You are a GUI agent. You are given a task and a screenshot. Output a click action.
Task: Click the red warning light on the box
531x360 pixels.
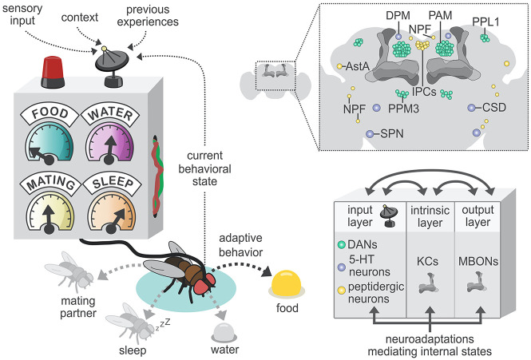tap(53, 73)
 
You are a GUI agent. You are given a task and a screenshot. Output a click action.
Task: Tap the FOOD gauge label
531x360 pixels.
tap(50, 113)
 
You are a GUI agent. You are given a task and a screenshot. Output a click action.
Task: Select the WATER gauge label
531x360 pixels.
tap(110, 113)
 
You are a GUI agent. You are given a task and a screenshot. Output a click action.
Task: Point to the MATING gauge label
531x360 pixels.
tap(51, 182)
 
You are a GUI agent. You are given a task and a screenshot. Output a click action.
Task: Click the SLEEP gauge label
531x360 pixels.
tap(113, 182)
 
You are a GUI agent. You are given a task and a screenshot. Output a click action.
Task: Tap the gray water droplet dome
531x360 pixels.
tap(224, 332)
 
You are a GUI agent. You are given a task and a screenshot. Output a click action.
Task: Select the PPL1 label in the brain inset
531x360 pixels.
tap(485, 22)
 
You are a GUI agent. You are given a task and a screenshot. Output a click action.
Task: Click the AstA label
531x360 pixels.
tap(357, 66)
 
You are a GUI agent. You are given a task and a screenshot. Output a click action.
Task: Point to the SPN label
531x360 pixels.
tap(392, 134)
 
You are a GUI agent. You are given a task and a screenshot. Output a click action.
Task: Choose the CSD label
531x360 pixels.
tap(494, 108)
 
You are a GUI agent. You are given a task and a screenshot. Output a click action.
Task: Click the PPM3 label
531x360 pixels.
tap(403, 109)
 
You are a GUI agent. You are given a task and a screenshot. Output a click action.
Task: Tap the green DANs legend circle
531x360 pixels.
tap(342, 244)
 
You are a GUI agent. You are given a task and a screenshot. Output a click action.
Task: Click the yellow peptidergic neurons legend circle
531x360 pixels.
tap(342, 290)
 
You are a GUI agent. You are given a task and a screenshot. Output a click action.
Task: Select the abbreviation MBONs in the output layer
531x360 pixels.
tap(478, 262)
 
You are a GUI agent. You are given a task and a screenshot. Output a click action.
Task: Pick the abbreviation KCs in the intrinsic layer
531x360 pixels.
tap(427, 262)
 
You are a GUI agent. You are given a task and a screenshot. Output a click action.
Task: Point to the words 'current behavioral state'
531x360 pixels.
tap(205, 168)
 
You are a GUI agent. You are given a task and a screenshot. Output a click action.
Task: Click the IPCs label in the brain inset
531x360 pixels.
tap(424, 92)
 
